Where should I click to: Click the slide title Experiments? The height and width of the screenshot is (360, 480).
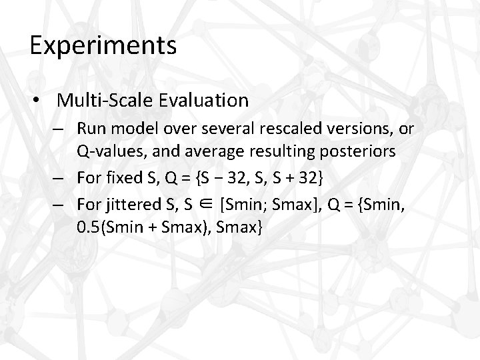pos(103,47)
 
